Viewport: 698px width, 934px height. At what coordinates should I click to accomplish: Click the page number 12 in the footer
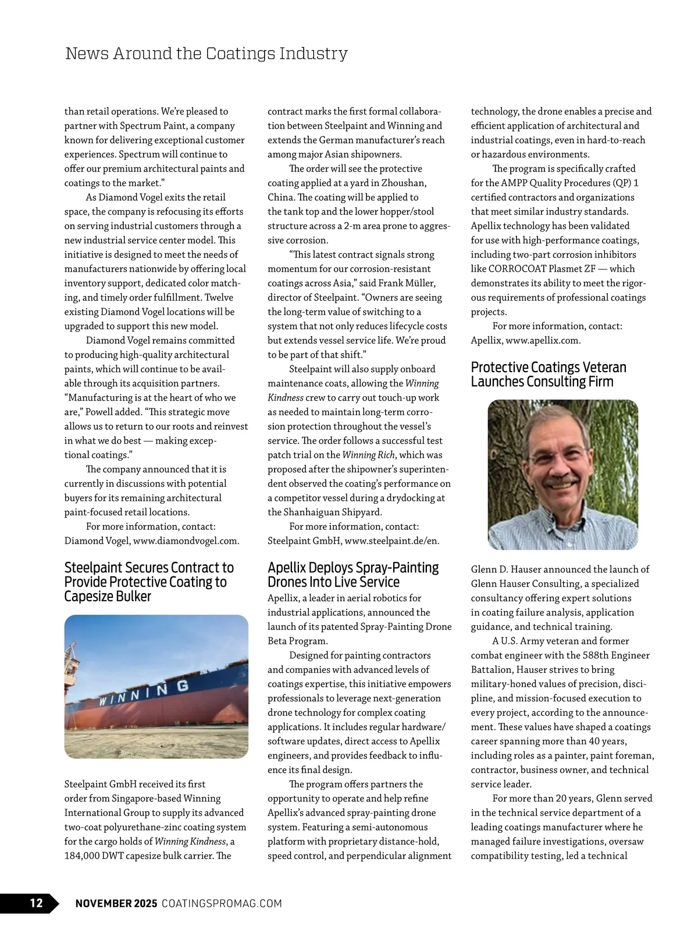pos(36,903)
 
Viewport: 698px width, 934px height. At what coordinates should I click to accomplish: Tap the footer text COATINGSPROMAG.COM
pos(222,903)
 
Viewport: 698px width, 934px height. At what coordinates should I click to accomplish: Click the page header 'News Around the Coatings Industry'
pos(206,54)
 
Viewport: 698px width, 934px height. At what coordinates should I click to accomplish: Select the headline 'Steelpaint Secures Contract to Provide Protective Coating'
pos(149,582)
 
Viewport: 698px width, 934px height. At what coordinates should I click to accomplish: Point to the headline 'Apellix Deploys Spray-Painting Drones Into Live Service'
pos(353,575)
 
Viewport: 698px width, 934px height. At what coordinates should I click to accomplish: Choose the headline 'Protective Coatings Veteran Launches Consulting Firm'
pos(549,375)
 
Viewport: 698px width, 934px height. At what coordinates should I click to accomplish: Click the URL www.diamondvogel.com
pos(186,541)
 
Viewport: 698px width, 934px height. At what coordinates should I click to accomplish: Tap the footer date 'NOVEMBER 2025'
pos(116,903)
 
